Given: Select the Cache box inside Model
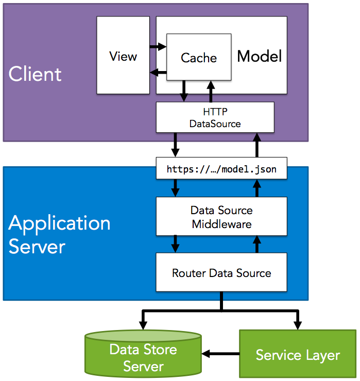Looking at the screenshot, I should (198, 57).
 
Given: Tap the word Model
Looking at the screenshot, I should (260, 56).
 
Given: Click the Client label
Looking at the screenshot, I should (35, 74).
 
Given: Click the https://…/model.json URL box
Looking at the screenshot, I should (221, 169).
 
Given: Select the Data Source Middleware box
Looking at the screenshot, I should (221, 217).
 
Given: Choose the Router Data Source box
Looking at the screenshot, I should (221, 272).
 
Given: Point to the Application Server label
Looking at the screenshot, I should (59, 234).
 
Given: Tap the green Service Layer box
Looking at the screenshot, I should (298, 355).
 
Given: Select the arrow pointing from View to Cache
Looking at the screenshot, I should (158, 47).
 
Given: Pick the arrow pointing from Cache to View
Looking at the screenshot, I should (158, 73).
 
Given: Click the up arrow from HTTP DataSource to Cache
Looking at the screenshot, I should (211, 91).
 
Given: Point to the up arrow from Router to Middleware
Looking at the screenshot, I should (256, 243).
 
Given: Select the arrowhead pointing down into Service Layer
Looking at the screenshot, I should (298, 324).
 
